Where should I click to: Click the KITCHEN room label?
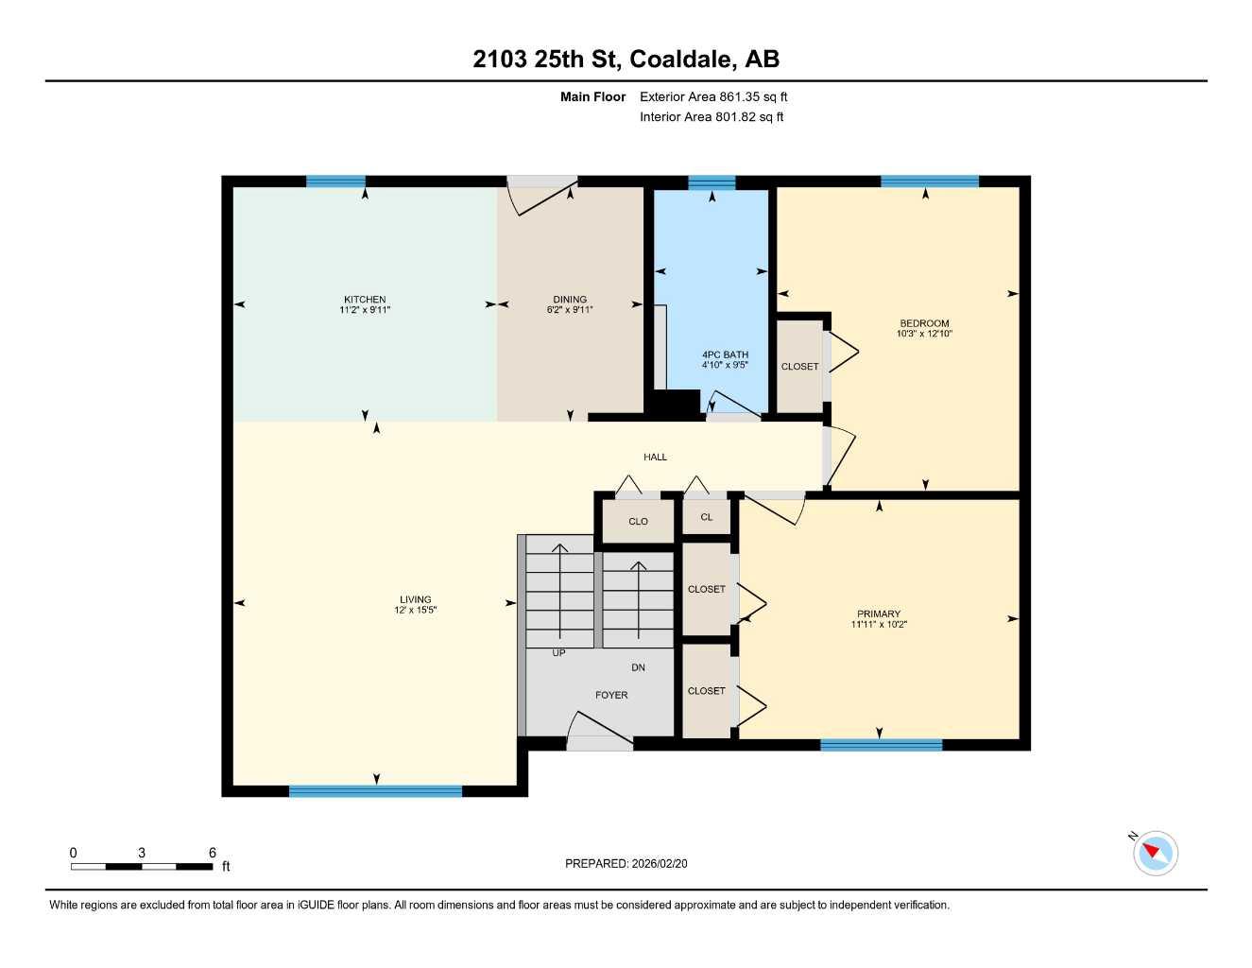click(x=365, y=300)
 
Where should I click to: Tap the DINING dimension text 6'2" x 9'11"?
click(x=570, y=310)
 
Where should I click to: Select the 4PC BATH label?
click(x=725, y=354)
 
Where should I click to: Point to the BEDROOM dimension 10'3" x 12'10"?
click(x=924, y=334)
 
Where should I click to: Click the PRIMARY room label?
click(x=879, y=614)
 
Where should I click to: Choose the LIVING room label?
click(x=415, y=599)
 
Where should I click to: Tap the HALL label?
click(x=655, y=457)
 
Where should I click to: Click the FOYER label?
click(x=611, y=695)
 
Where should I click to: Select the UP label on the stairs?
click(x=558, y=652)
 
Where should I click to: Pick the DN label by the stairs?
click(x=638, y=667)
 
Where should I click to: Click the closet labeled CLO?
click(x=638, y=522)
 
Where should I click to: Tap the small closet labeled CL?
click(x=706, y=517)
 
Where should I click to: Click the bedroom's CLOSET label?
click(x=799, y=367)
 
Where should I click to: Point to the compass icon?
click(x=1155, y=853)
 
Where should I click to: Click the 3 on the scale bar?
click(x=142, y=853)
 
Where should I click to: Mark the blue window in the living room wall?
click(x=375, y=791)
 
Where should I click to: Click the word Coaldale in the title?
click(x=681, y=59)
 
